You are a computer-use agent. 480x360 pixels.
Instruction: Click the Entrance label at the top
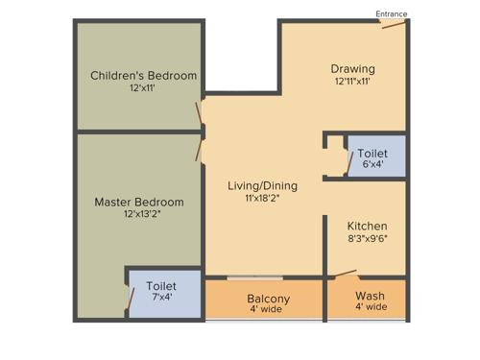391,14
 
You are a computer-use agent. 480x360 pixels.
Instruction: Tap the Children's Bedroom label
143,76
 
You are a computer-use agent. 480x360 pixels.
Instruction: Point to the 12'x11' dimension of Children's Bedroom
142,88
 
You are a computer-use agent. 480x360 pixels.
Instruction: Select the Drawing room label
352,69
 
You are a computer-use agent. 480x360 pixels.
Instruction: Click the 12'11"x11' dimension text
352,82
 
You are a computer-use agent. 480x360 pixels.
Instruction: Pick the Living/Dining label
262,185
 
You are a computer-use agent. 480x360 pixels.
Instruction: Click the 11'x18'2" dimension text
262,198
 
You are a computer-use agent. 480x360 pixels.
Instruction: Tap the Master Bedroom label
139,203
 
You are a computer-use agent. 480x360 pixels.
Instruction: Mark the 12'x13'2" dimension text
139,215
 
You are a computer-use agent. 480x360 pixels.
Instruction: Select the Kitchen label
367,225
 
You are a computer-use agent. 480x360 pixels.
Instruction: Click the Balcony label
268,299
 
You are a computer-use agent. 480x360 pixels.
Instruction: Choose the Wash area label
371,295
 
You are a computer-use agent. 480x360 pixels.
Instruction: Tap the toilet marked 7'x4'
161,292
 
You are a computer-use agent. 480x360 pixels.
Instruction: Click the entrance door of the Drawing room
392,24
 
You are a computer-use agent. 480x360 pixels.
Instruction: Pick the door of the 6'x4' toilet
348,163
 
